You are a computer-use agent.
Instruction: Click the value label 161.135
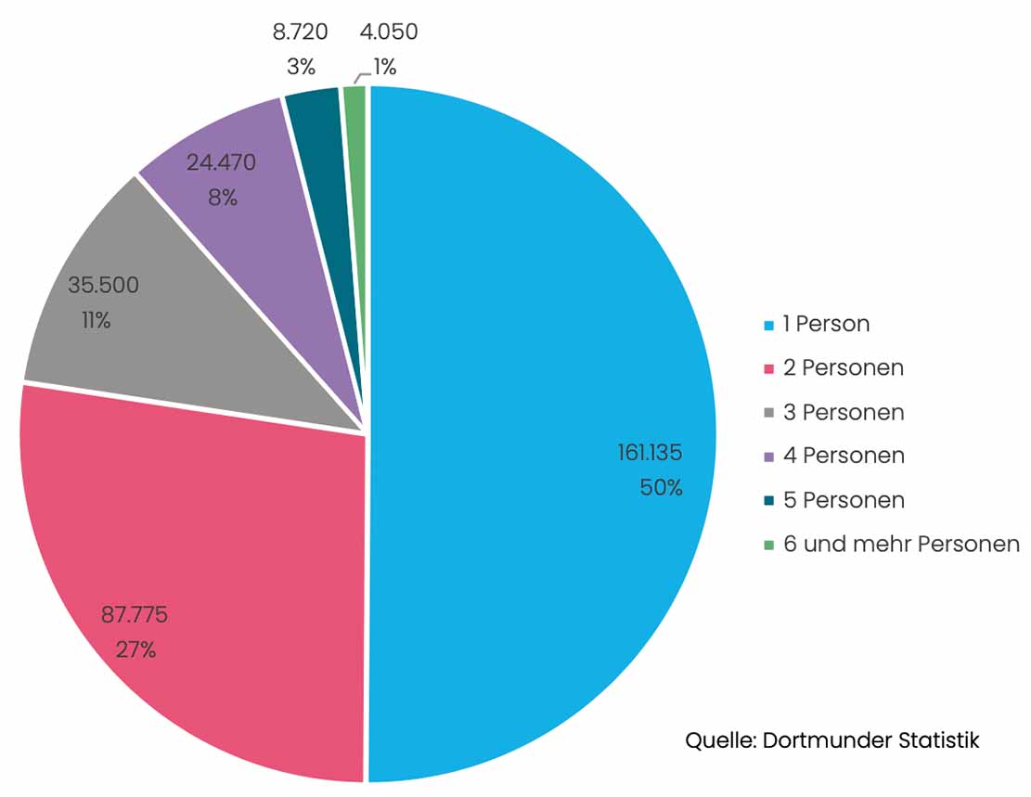(650, 453)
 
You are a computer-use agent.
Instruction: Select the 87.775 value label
(134, 614)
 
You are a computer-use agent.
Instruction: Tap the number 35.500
(103, 285)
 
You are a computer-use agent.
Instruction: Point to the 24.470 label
(221, 162)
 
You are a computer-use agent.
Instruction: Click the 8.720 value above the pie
(300, 32)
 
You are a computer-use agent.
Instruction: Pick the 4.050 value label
(388, 32)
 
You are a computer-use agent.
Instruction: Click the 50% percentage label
(661, 487)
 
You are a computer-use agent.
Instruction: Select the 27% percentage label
(135, 649)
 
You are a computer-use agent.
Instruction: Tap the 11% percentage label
(96, 321)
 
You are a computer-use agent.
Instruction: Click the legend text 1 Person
(826, 324)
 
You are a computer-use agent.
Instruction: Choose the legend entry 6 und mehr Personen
(900, 544)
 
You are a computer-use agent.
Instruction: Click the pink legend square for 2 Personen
(769, 368)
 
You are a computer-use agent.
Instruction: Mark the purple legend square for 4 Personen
(769, 456)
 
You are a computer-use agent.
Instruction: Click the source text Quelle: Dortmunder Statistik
(831, 740)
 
